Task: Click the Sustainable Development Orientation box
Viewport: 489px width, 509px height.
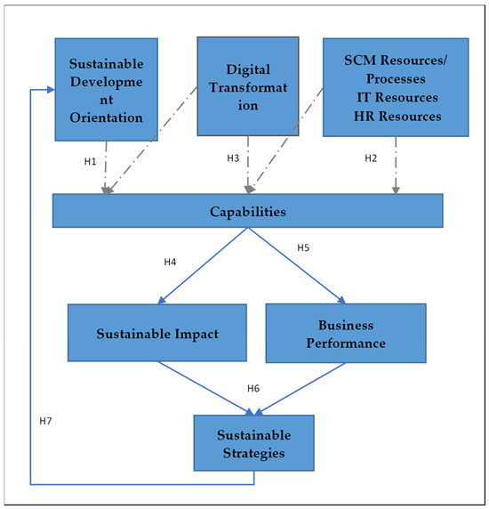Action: [106, 89]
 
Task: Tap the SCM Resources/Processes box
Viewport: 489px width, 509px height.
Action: [395, 86]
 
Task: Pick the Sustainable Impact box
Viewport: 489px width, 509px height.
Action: [156, 333]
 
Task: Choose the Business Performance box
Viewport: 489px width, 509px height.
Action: [345, 333]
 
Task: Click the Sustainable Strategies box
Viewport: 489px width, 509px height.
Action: [254, 442]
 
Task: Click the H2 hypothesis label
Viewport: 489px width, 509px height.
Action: [373, 158]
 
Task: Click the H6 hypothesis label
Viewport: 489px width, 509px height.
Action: [254, 389]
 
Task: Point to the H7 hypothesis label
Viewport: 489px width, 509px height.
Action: [47, 418]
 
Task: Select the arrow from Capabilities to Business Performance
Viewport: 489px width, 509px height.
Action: [294, 264]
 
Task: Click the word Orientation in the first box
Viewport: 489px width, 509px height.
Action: [106, 117]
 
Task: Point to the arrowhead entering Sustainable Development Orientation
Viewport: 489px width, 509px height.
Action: [48, 90]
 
